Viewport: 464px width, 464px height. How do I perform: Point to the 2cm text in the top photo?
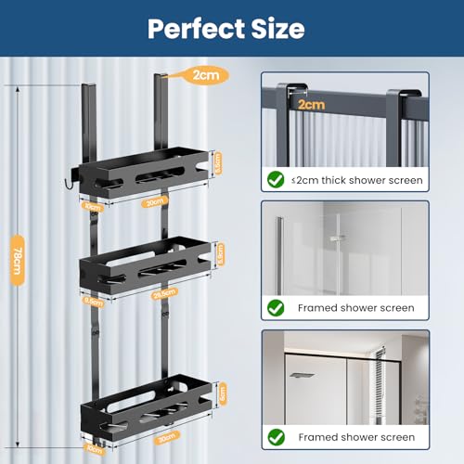pos(311,106)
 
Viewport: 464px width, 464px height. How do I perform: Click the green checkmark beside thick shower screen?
pos(277,178)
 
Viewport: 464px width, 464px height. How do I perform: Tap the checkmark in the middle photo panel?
pos(277,307)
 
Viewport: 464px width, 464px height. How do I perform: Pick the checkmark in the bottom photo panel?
pos(277,436)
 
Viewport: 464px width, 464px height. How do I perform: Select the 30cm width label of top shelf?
pos(155,200)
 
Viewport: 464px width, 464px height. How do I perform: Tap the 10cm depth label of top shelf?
pos(93,206)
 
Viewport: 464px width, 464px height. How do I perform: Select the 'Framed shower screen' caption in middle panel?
pos(356,307)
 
